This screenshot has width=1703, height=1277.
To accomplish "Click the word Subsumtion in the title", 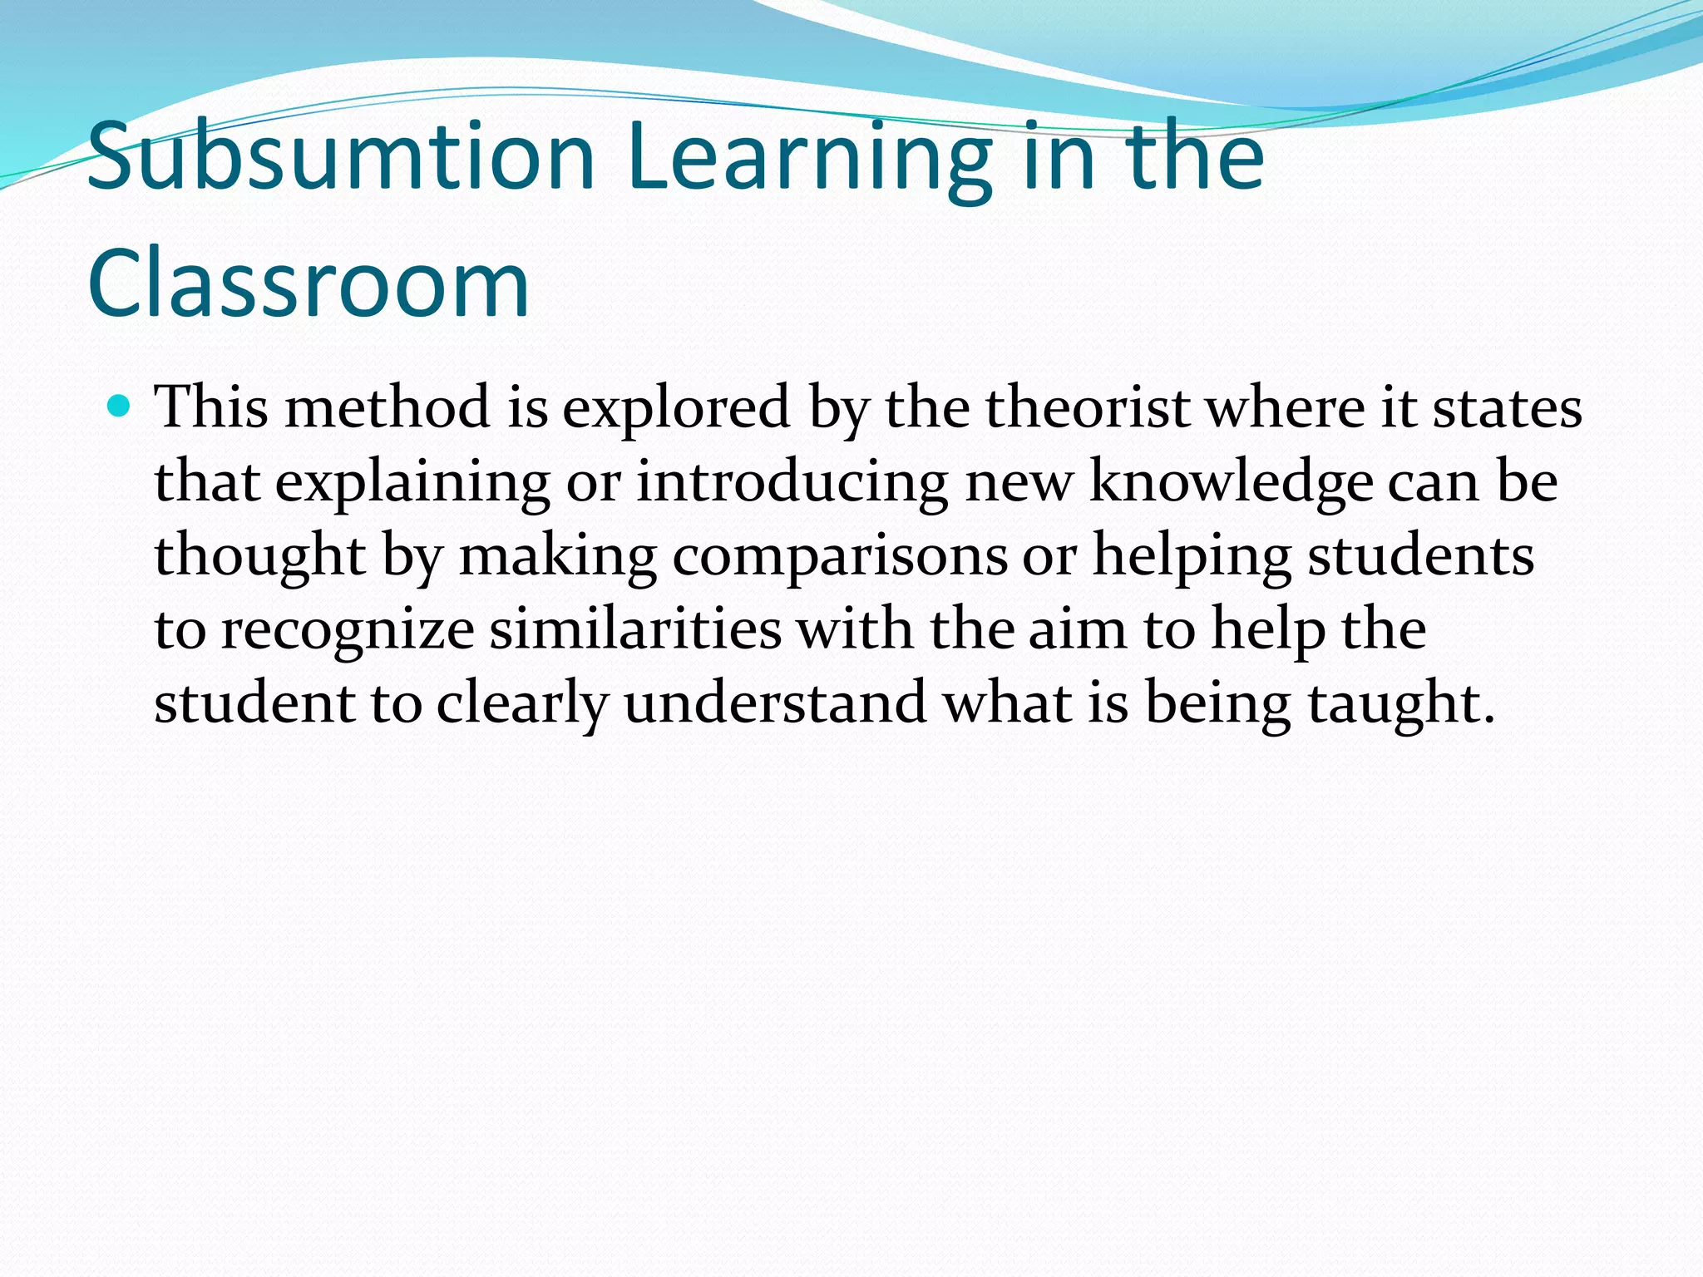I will click(341, 157).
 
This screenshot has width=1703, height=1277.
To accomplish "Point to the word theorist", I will click(1088, 408).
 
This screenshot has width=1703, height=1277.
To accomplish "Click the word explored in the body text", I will click(676, 408).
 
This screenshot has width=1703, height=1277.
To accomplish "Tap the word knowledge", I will click(1231, 482).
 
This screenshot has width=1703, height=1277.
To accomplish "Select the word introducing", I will click(792, 482).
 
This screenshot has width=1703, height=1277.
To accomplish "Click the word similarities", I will click(635, 629).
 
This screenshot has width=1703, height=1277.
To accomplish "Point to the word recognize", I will click(348, 629).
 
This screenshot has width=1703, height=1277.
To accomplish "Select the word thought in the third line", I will click(260, 555).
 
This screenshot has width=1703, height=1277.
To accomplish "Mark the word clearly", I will click(522, 703).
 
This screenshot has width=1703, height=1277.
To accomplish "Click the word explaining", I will click(412, 482).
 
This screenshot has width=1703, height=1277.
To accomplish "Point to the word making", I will click(558, 555).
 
